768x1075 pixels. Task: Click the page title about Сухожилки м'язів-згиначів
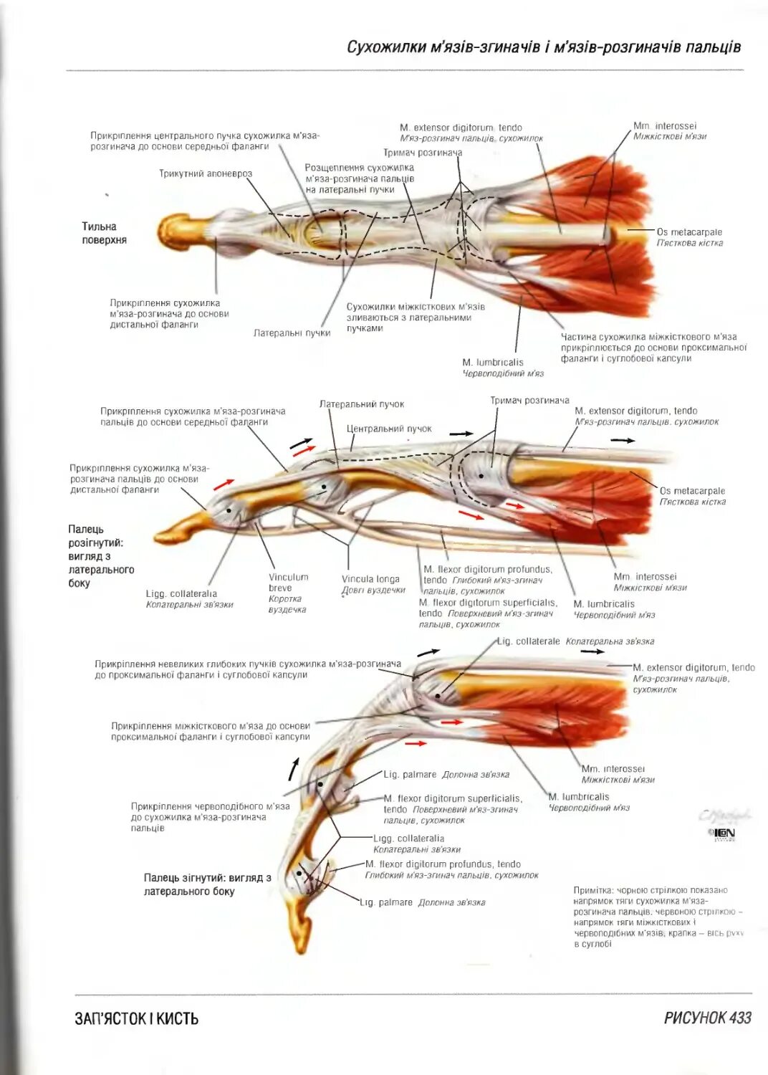pos(543,47)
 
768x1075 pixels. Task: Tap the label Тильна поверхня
pos(104,234)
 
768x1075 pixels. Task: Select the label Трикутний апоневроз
pos(206,173)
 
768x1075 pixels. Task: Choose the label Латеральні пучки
pos(292,333)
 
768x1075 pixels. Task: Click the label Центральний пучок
pos(389,429)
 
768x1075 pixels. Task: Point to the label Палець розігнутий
pos(100,556)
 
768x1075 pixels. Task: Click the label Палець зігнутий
pos(207,884)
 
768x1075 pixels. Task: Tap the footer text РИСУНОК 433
pos(707,1018)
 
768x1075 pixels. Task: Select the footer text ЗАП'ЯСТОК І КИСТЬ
pos(136,1018)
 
